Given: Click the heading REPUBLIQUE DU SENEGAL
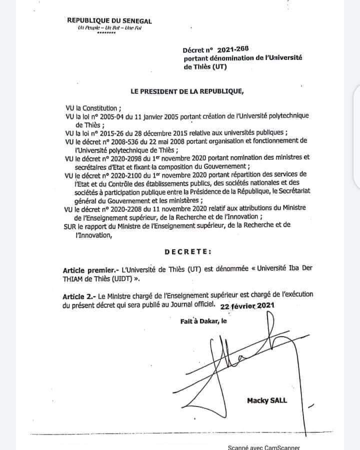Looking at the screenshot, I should (x=109, y=20).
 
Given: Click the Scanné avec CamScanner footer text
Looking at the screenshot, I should (x=263, y=448).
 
